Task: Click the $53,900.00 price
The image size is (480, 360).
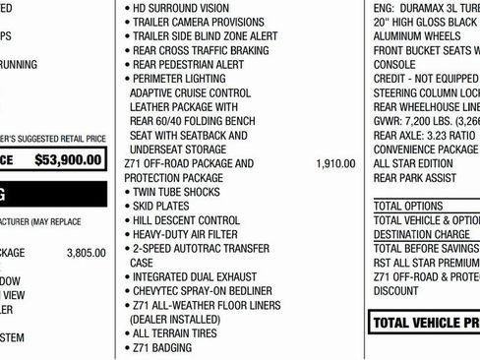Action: [68, 159]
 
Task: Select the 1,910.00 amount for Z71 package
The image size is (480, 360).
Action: [335, 163]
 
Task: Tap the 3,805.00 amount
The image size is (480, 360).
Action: [86, 253]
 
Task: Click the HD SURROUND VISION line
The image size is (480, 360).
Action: [183, 8]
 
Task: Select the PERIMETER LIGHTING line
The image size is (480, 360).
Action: [183, 79]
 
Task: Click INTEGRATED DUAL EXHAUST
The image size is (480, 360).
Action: [194, 277]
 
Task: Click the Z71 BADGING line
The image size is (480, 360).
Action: [164, 348]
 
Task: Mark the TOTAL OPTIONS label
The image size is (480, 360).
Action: [408, 207]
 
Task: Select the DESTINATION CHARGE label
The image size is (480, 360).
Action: [422, 235]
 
